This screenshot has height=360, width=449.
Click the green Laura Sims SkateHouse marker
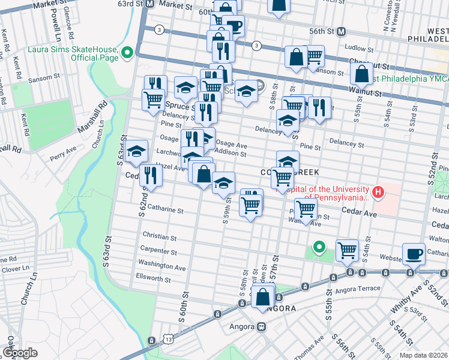(x=127, y=53)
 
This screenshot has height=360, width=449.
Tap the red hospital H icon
(x=378, y=193)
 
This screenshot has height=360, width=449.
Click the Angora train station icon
(x=261, y=327)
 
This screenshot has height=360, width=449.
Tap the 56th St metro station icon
(x=341, y=31)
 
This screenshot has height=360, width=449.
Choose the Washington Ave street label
(x=161, y=264)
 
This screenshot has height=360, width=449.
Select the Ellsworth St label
(x=154, y=278)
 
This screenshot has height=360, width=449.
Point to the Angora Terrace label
(x=363, y=289)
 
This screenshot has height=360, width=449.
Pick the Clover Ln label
(x=12, y=269)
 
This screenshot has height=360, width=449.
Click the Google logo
(x=20, y=353)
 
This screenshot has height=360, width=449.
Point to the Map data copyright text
(x=423, y=355)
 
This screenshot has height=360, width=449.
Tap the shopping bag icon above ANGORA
(x=263, y=296)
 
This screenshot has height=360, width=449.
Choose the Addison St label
(x=231, y=154)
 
